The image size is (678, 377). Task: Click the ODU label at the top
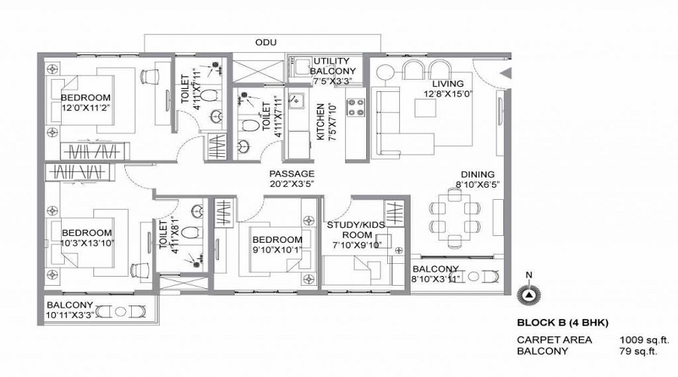265,43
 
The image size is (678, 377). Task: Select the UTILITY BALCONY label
332,66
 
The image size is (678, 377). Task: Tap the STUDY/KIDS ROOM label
356,229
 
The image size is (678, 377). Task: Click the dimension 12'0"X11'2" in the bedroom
85,108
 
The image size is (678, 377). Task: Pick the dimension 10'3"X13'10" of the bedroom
87,243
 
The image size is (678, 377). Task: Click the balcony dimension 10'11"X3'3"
69,314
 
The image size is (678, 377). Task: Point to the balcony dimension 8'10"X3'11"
435,279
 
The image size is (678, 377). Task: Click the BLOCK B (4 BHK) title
557,323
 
